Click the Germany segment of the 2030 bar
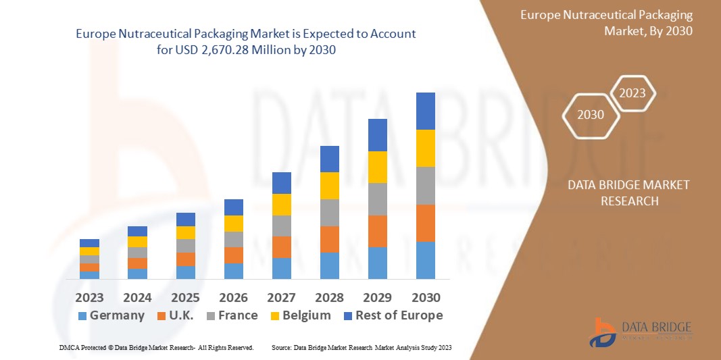[425, 260]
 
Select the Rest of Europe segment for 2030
[425, 111]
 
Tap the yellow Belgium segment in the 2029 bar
[377, 167]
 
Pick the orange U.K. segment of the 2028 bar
[329, 239]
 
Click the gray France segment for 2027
[281, 226]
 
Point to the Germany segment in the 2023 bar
[89, 275]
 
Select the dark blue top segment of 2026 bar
[233, 207]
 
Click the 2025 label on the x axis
[185, 297]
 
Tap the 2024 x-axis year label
[137, 297]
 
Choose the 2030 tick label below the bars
[425, 297]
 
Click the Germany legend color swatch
[82, 316]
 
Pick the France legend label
[237, 315]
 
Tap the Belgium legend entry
[306, 315]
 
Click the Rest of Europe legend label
[399, 315]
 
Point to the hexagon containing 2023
[632, 93]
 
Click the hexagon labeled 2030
[591, 115]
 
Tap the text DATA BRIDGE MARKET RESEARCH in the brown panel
[628, 193]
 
